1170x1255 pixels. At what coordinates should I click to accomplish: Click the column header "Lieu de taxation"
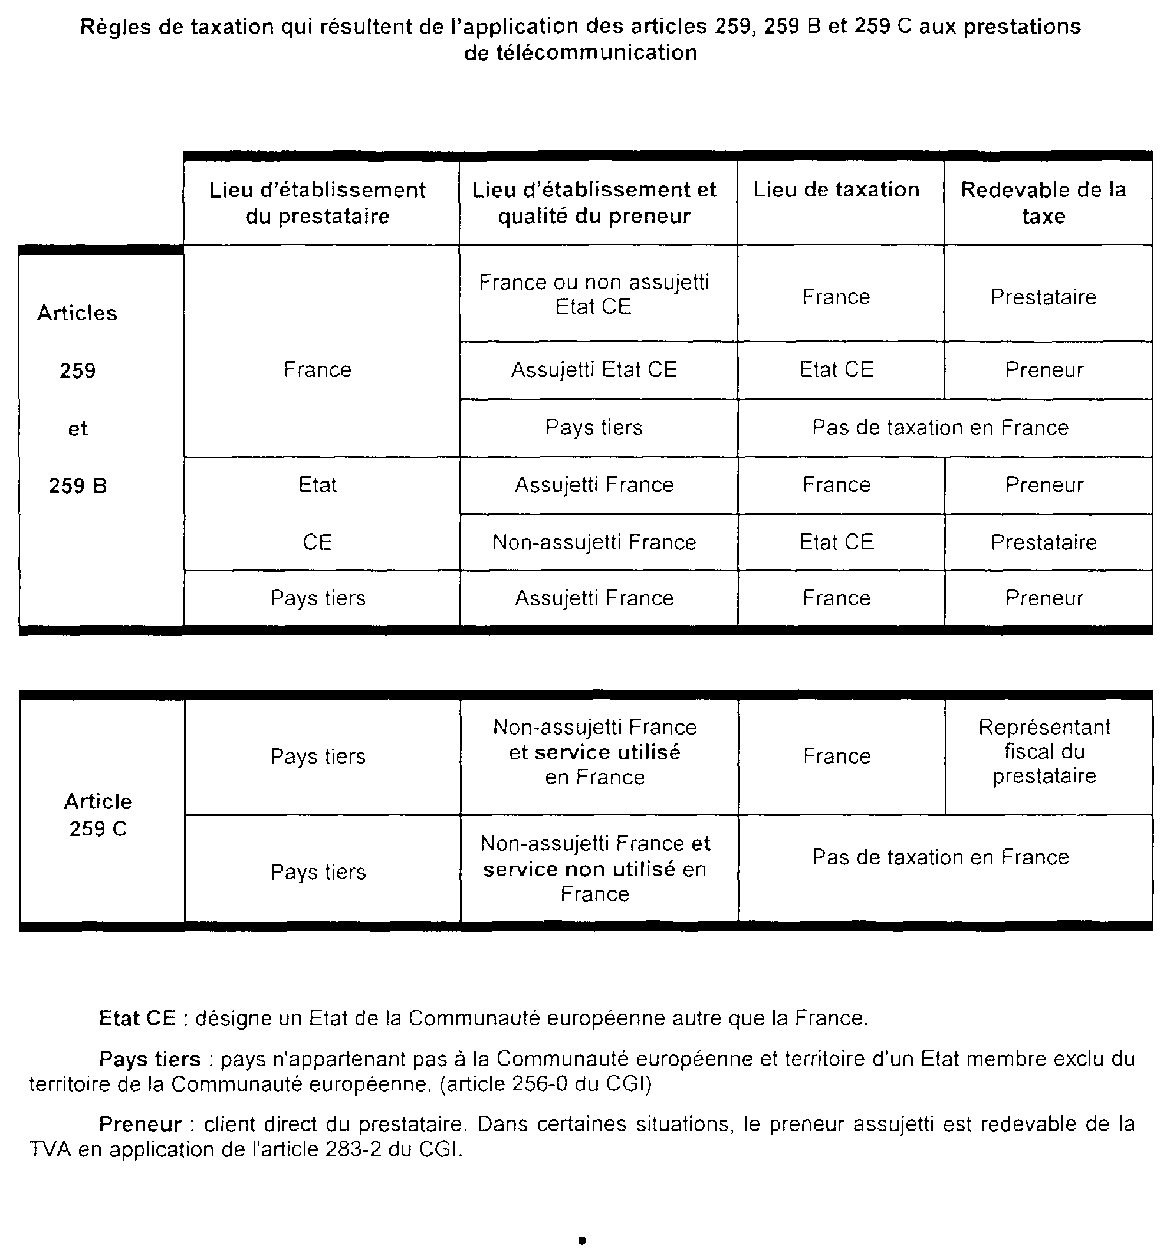[836, 189]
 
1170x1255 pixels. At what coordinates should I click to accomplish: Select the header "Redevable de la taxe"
[1043, 202]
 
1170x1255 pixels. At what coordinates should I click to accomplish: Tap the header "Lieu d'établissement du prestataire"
[317, 202]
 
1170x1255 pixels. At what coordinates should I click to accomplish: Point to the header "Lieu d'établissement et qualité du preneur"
[594, 202]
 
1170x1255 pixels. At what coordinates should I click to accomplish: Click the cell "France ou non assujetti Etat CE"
[594, 294]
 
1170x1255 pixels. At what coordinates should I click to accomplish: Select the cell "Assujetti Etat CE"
[594, 370]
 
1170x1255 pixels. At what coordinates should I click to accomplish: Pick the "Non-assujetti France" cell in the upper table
[594, 542]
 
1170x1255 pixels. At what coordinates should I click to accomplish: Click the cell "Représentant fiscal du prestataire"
[1044, 751]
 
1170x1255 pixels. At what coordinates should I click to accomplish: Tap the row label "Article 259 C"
[98, 815]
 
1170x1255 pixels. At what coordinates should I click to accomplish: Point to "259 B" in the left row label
[78, 486]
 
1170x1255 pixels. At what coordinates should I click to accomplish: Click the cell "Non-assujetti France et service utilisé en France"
[594, 752]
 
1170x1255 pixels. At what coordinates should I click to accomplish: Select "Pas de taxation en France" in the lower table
[940, 857]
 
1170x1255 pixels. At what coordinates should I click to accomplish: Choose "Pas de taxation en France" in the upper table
[940, 428]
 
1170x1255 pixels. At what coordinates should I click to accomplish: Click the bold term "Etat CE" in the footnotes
[137, 1018]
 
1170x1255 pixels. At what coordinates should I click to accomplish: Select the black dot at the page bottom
[582, 1240]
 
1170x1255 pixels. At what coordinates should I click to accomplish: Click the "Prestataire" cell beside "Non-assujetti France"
[1044, 542]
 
